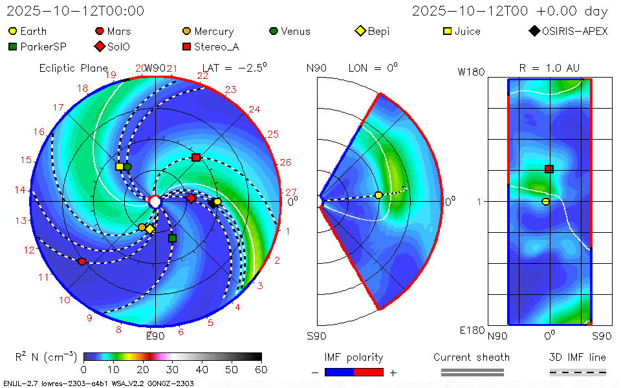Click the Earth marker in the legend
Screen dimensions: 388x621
[13, 31]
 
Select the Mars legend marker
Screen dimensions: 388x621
[100, 31]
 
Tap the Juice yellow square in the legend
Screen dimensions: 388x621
[447, 31]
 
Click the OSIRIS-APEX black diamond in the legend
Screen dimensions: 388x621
[534, 31]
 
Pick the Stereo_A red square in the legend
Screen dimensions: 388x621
[187, 47]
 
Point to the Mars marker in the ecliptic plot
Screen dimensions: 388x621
[82, 261]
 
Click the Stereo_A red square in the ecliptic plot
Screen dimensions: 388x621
[196, 157]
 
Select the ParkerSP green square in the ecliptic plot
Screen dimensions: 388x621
[172, 239]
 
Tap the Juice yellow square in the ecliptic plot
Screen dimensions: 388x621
[120, 167]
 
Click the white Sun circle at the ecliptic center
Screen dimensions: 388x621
[155, 202]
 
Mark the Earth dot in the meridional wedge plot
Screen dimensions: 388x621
[379, 195]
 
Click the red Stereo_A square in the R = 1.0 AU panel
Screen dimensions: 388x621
[549, 169]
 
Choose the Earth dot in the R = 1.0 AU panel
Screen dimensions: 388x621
[545, 202]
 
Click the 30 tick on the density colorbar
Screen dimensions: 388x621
[173, 369]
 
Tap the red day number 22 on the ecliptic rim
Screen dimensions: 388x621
[202, 76]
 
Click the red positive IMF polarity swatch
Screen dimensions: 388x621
[369, 372]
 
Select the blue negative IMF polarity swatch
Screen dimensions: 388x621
[339, 372]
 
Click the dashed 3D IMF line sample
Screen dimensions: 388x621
[578, 372]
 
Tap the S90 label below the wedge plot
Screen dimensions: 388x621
[317, 336]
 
